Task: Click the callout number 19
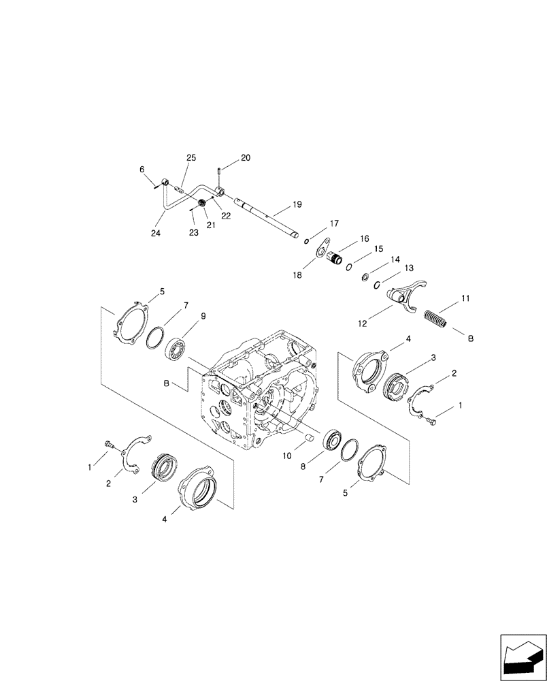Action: pyautogui.click(x=297, y=204)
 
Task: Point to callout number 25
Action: pyautogui.click(x=191, y=158)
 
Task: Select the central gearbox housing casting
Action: pyautogui.click(x=259, y=395)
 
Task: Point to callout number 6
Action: pyautogui.click(x=142, y=169)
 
